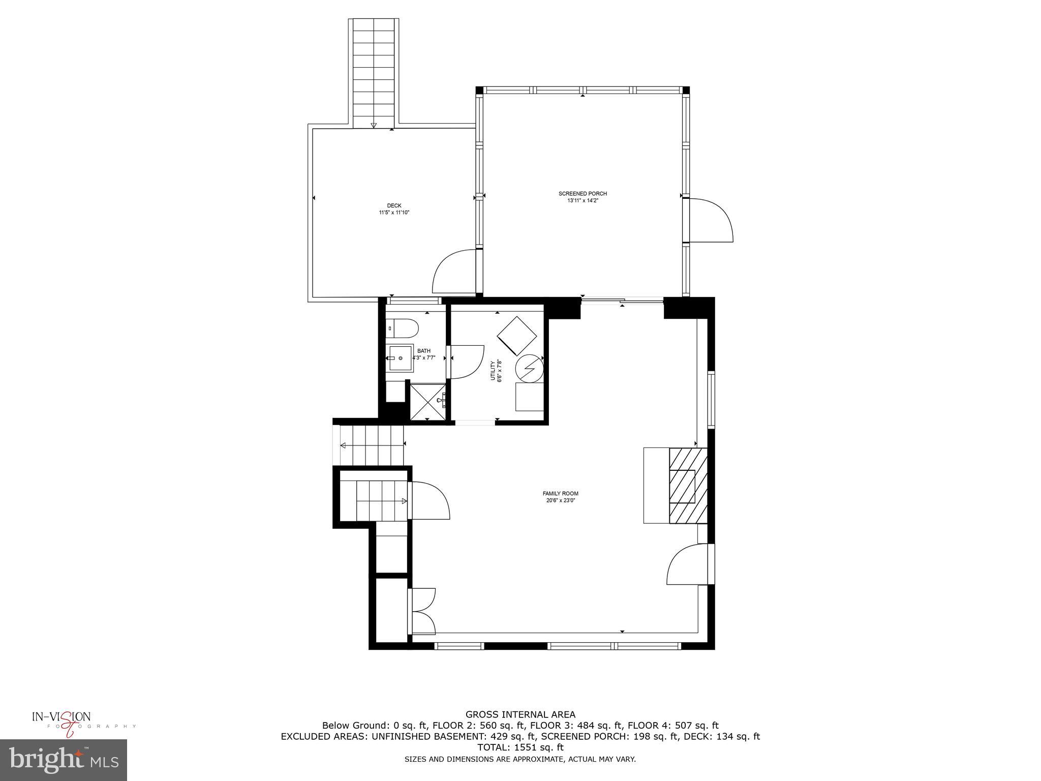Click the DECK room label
[394, 205]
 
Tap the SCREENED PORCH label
[583, 194]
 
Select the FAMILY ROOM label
[560, 493]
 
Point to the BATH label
[423, 351]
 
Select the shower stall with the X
[427, 401]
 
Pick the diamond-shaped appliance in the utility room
[517, 336]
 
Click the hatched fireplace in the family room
[688, 486]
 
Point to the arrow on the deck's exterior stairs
[374, 125]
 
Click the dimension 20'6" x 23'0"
[560, 500]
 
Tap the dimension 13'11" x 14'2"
[583, 200]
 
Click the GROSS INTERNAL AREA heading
[520, 714]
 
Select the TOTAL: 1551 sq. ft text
[520, 747]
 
